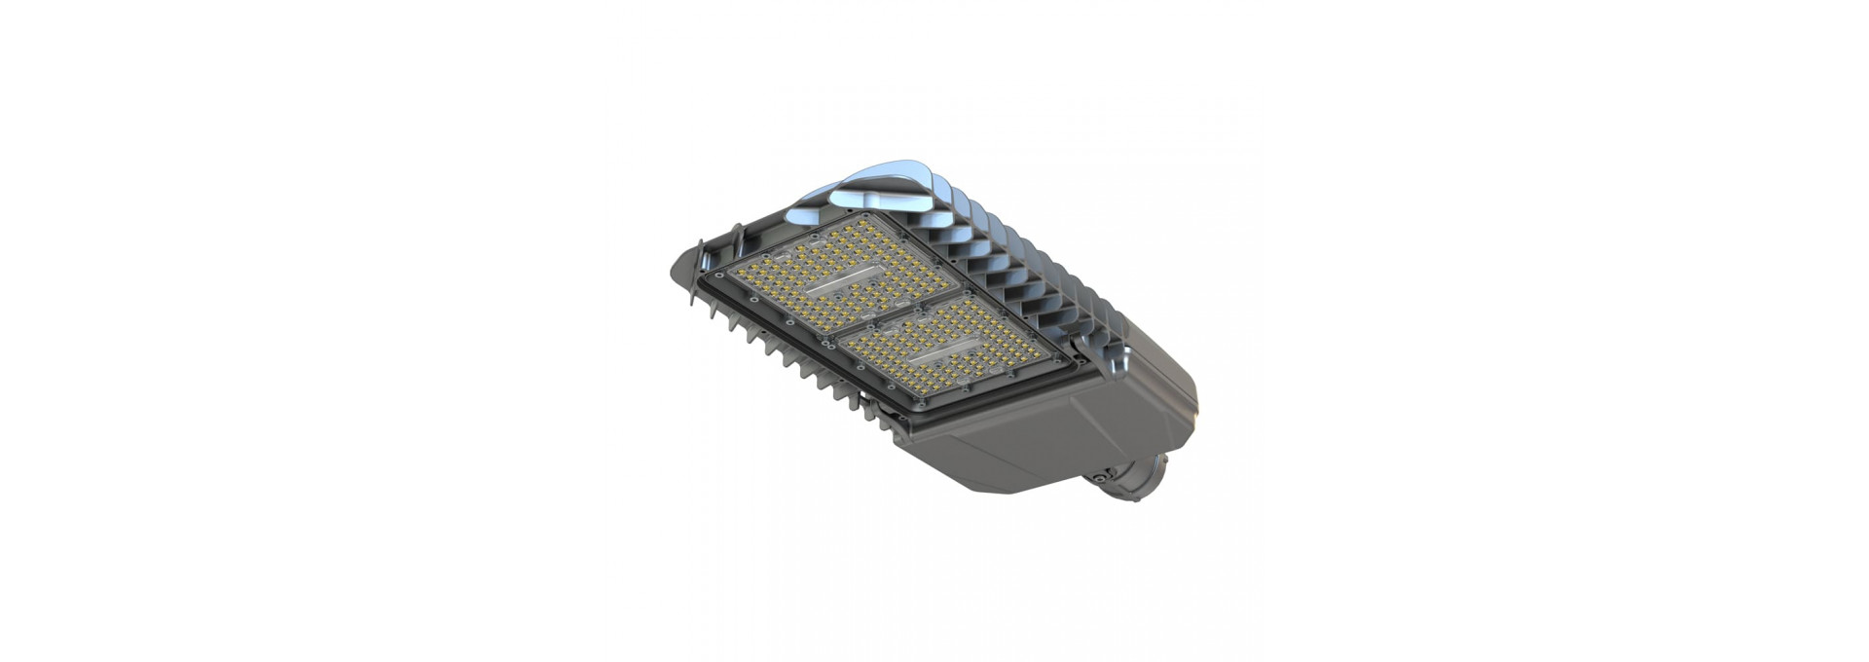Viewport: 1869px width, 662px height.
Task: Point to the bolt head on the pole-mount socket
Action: [x=1101, y=478]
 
